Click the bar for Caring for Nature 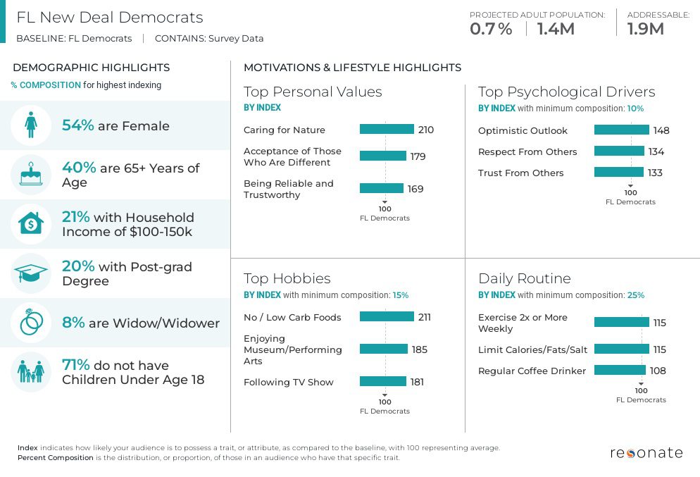387,130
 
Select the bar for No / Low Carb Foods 387,317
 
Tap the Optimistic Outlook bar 621,130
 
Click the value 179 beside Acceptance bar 418,156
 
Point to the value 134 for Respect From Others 656,151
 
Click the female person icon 31,126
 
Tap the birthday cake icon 31,175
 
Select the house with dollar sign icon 31,224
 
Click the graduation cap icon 31,273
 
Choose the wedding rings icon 31,323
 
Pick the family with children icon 31,371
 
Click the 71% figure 76,365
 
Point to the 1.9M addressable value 645,29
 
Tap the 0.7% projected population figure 491,29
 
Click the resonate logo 646,452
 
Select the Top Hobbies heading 287,278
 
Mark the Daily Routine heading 524,278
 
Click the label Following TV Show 289,382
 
